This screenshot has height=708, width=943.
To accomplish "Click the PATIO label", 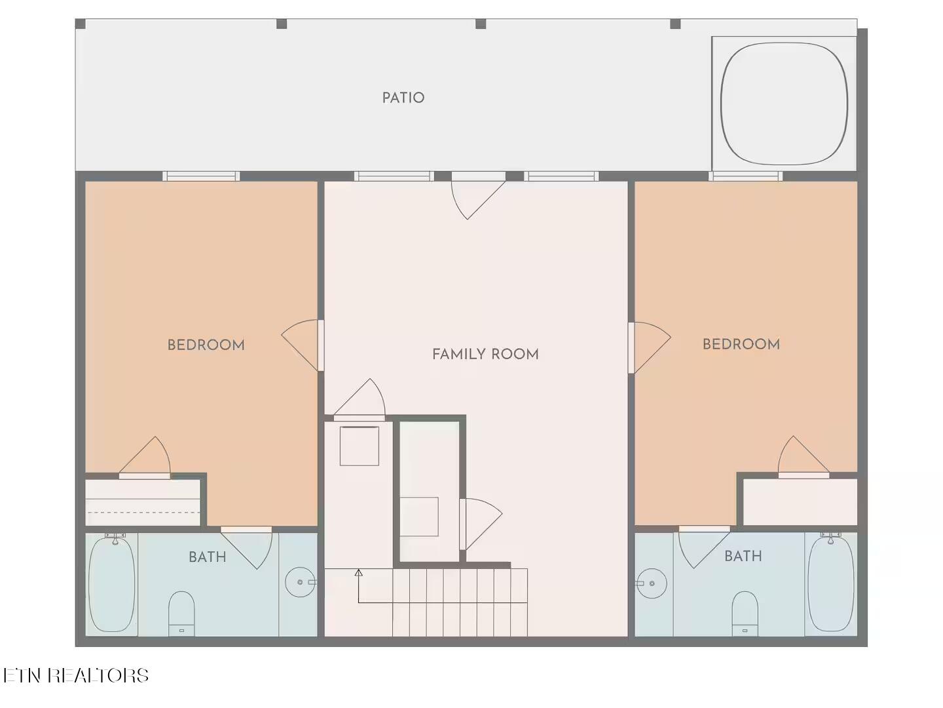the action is (x=403, y=98).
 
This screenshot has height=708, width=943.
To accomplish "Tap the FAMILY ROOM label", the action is (x=485, y=354).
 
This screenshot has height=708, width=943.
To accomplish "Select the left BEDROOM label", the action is (x=206, y=345).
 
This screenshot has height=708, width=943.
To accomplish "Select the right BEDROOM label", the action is (x=741, y=344).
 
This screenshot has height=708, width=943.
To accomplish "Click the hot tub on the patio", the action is (x=784, y=104).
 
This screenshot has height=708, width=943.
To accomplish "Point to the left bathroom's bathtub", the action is (x=112, y=584).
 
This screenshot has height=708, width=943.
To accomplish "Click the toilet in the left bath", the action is (x=181, y=614).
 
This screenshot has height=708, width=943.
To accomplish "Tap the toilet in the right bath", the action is (x=745, y=614).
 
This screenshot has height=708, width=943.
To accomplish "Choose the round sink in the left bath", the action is (x=300, y=582).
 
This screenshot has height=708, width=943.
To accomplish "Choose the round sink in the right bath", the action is (x=652, y=583).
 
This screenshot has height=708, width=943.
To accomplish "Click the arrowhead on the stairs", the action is (x=359, y=572).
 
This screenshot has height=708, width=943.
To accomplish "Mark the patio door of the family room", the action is (x=478, y=195).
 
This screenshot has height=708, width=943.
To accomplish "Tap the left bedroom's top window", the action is (x=201, y=176).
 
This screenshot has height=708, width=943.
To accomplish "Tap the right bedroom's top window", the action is (x=745, y=176).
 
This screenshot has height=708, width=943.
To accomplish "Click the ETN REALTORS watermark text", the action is (x=75, y=675).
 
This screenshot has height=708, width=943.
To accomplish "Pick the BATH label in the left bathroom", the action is (x=208, y=557).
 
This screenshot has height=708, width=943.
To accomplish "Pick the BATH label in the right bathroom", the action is (x=743, y=557).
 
